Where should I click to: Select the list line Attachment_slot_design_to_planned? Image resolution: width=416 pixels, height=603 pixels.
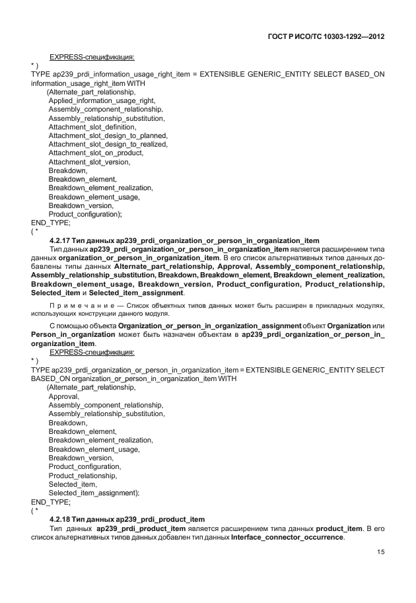click(x=103, y=135)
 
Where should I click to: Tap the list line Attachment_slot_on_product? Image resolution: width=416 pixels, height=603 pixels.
click(x=95, y=153)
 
